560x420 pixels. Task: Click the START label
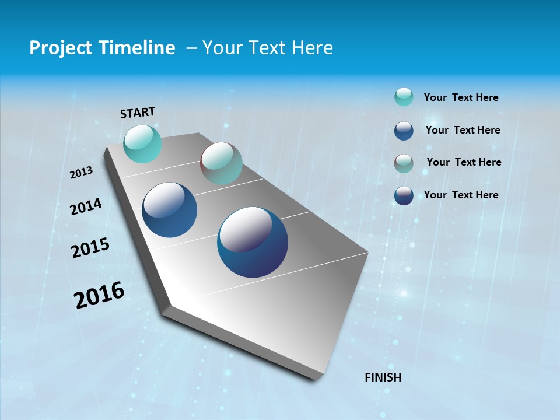point(138,113)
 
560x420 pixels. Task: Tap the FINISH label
point(383,377)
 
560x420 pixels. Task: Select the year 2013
point(82,173)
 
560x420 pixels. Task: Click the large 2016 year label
point(100,295)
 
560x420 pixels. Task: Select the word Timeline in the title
point(139,48)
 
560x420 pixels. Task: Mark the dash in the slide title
point(191,48)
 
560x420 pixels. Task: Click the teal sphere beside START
point(143,144)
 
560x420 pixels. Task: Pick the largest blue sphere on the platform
point(253,242)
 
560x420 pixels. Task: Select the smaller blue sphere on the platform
point(170,210)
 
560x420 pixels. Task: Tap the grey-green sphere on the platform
point(221,163)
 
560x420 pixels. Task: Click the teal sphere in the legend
point(404,97)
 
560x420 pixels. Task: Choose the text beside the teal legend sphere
point(461,98)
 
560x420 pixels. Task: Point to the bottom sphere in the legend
point(404,195)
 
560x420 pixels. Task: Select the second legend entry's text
point(463,131)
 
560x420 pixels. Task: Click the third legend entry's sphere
point(404,163)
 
